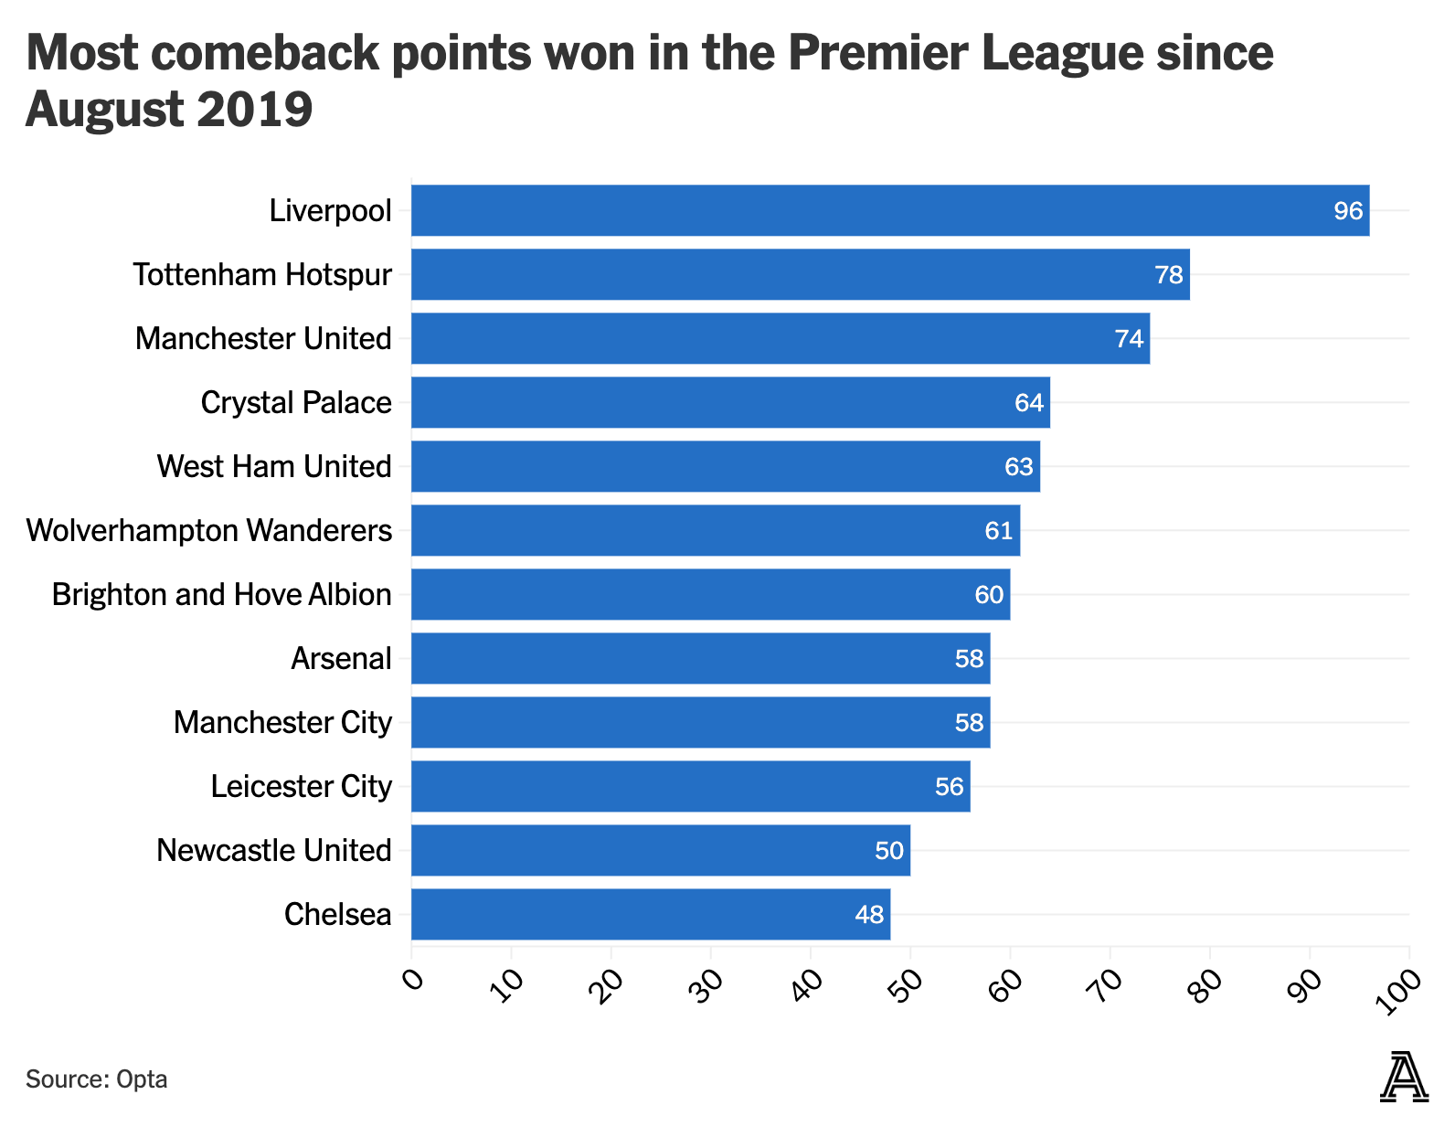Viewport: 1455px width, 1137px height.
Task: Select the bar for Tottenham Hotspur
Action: [x=800, y=274]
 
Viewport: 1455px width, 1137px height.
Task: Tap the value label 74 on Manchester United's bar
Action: [x=1129, y=339]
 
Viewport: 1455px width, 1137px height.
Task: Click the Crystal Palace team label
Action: [x=295, y=402]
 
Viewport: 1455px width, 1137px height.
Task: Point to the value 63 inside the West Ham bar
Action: [x=1018, y=467]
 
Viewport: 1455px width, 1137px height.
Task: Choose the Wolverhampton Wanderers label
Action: [x=209, y=530]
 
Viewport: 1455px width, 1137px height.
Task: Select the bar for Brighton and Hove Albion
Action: [x=710, y=594]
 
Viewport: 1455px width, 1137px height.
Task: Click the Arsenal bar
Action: [x=700, y=658]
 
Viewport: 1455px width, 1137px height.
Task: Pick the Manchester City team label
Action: [x=282, y=722]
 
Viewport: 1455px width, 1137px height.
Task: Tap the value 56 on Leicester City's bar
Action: [x=949, y=787]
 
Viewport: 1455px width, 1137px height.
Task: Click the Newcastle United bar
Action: [x=660, y=850]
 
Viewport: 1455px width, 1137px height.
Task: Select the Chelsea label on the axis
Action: [x=337, y=914]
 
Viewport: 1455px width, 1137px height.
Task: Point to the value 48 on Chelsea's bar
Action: [x=869, y=915]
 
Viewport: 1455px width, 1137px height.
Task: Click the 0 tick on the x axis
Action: [x=413, y=982]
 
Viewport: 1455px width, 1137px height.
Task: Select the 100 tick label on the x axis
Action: [x=1399, y=992]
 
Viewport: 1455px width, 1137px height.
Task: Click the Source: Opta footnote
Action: [x=96, y=1079]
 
